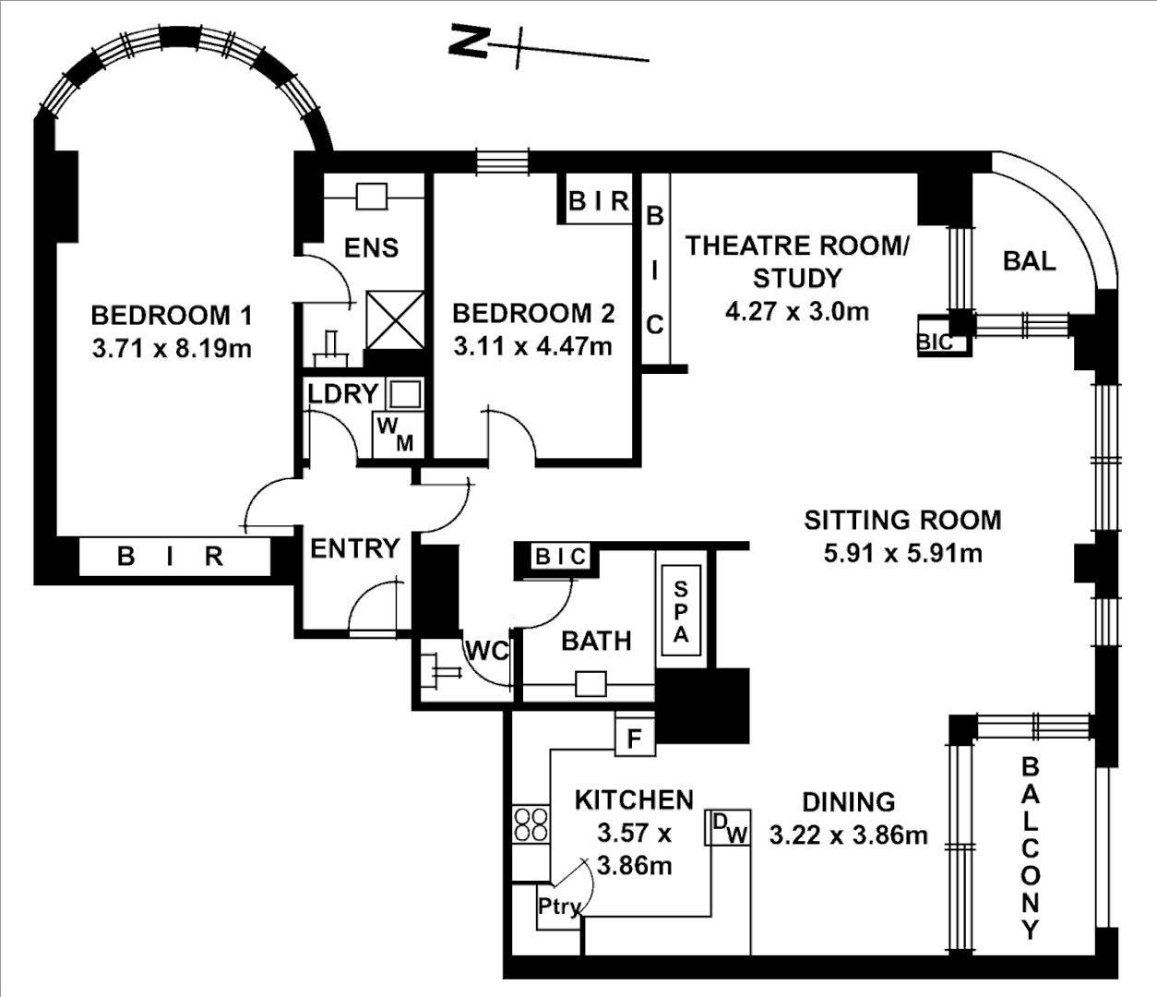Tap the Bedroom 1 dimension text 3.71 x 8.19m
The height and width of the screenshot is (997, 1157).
click(x=172, y=350)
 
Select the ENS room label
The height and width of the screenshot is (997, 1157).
click(x=371, y=247)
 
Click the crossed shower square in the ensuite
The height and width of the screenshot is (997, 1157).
click(x=395, y=319)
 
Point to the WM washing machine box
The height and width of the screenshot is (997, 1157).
click(x=398, y=435)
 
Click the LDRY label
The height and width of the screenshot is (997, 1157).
click(x=343, y=394)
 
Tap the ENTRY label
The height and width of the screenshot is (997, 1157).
click(x=355, y=548)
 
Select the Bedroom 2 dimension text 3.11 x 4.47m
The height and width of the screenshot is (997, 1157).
click(x=533, y=347)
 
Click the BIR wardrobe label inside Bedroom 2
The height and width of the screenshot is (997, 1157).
click(x=599, y=201)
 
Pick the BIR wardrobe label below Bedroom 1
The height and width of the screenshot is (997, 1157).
click(x=170, y=557)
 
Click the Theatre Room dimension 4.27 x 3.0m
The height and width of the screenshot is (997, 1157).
click(x=797, y=311)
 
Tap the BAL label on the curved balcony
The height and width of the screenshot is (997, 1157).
click(x=1030, y=261)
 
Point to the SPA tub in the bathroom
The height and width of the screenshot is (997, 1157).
click(x=681, y=610)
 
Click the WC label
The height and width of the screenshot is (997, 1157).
click(x=487, y=651)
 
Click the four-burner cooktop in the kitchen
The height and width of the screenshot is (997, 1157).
click(x=531, y=824)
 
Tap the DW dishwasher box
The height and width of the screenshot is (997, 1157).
click(x=728, y=827)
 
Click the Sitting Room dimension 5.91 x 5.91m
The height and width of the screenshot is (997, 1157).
click(x=903, y=553)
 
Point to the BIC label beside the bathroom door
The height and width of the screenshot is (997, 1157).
click(x=560, y=557)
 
